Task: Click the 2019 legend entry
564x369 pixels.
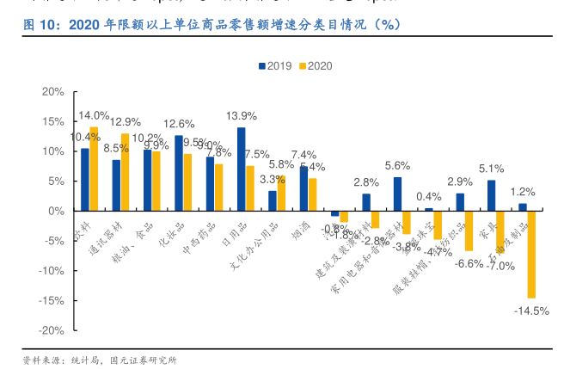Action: point(274,66)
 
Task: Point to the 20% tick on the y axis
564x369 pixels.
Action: point(52,92)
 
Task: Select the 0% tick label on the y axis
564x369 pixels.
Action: point(56,211)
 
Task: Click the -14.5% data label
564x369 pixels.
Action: point(531,311)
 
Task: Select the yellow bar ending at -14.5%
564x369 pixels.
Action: point(531,254)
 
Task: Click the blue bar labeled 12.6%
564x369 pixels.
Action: point(178,173)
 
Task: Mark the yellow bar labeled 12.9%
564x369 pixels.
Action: point(126,172)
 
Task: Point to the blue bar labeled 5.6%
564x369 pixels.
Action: point(397,194)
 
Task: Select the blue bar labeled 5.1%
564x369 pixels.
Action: point(491,195)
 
